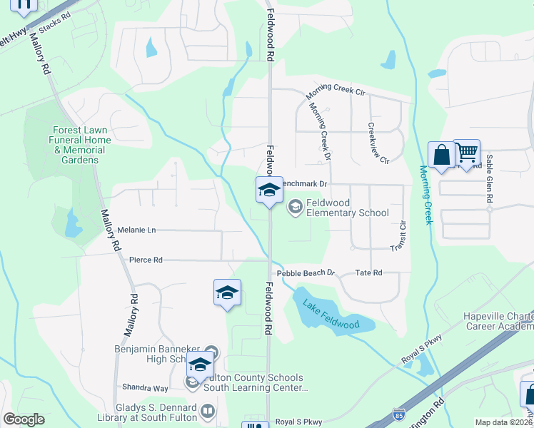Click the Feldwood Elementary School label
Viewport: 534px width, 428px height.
347,208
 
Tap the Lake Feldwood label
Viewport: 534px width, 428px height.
331,314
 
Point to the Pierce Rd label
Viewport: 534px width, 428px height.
146,260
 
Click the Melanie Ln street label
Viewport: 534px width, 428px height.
137,230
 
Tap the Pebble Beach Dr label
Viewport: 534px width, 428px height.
306,272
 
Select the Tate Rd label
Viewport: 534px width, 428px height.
368,272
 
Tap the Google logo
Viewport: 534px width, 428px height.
24,419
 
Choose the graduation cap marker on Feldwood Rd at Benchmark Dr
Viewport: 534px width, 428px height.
269,190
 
